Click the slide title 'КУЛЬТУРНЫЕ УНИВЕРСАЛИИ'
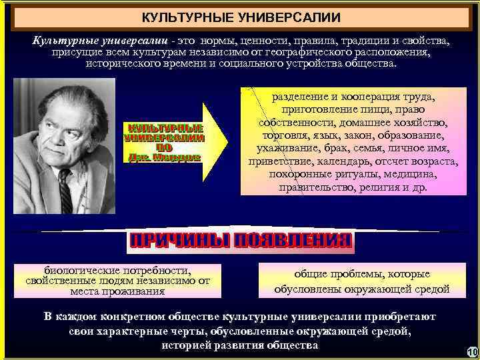(241, 17)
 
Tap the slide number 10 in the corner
(472, 352)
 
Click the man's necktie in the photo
(65, 193)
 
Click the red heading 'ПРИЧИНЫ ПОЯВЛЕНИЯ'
(240, 241)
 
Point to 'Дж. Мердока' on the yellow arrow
(163, 157)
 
